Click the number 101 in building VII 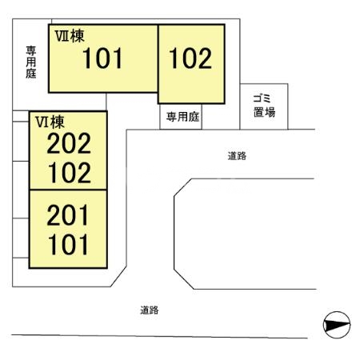coord(102,58)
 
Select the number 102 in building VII coord(190,58)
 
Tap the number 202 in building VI coord(69,143)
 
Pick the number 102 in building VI coord(70,173)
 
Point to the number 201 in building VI coord(67,215)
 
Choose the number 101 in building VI coord(68,244)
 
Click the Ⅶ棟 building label coord(70,36)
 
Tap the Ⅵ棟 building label coord(50,122)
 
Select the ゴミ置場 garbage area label coord(264,106)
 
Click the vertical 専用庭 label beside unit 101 coord(31,62)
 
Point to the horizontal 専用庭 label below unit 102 coord(182,117)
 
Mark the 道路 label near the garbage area coord(237,156)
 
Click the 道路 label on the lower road coord(150,310)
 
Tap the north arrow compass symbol coord(337,325)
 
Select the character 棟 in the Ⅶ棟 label coord(78,36)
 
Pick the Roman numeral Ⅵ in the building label coord(42,122)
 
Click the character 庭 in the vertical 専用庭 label coord(31,74)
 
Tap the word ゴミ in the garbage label coord(262,98)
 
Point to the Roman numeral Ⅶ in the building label coord(62,36)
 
